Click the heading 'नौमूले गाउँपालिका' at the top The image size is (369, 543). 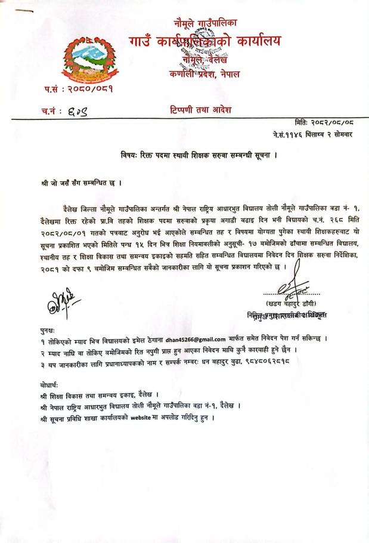click(205, 23)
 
